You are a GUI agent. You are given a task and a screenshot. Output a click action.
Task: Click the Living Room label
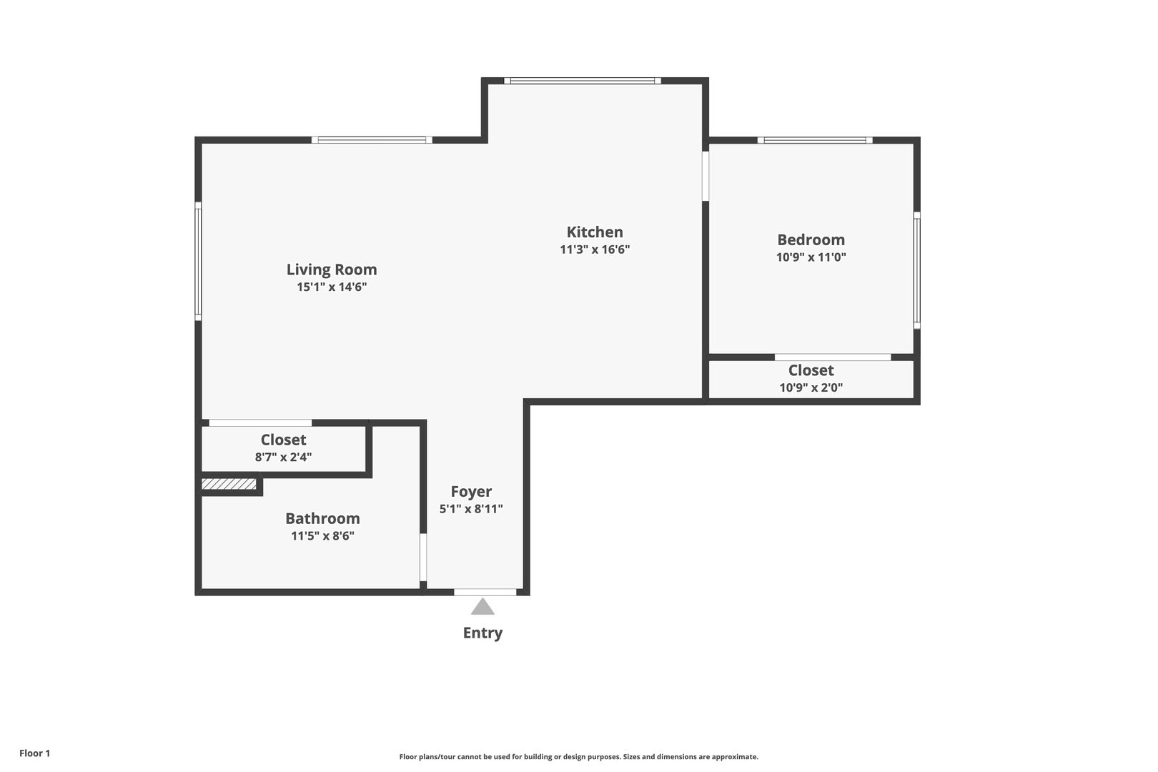[x=332, y=269]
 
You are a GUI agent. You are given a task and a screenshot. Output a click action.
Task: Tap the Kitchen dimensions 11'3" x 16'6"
[x=595, y=249]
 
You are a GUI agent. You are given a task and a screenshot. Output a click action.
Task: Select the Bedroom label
[x=811, y=240]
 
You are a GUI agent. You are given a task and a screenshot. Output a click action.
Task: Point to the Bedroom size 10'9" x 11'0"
[x=811, y=257]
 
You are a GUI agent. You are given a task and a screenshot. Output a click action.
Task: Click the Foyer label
[x=471, y=492]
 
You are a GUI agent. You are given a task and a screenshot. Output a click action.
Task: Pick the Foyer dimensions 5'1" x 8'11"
[x=471, y=509]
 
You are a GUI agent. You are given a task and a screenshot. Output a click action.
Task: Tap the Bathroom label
[x=322, y=518]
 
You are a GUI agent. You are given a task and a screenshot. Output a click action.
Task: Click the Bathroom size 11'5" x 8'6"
[x=322, y=535]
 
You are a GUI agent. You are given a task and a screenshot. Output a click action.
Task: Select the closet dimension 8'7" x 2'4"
[x=283, y=457]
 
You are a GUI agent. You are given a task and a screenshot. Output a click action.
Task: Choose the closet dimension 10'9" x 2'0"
[x=811, y=387]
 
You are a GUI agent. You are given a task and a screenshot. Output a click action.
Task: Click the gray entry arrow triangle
[x=482, y=607]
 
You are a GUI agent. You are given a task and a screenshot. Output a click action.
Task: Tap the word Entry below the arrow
[x=482, y=633]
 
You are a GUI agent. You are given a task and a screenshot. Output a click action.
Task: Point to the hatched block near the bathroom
[x=229, y=484]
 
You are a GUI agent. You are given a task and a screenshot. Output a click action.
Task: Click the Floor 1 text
[x=34, y=753]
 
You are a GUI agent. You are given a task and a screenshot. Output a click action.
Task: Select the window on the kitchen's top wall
[x=583, y=81]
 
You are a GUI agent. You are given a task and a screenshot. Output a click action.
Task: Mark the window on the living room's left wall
[x=197, y=261]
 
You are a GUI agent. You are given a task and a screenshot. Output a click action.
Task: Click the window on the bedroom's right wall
[x=916, y=270]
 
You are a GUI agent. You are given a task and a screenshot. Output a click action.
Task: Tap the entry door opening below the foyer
[x=485, y=592]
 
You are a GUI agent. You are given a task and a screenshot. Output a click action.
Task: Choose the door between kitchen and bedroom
[x=705, y=176]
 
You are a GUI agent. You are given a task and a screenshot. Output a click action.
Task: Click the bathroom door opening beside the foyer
[x=423, y=558]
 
